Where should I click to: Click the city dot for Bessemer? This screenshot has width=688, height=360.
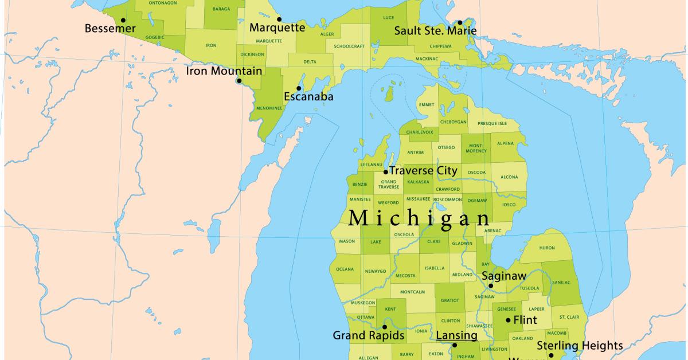(123, 20)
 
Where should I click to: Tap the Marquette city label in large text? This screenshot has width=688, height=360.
(277, 28)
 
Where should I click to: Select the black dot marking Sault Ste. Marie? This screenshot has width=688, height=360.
(460, 22)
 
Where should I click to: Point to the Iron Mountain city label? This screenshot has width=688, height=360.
(224, 71)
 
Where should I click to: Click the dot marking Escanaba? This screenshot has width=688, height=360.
(299, 88)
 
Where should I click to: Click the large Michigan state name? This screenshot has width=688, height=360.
(420, 218)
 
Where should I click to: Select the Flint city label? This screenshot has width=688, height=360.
(525, 320)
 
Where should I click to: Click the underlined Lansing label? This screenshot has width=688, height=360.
(456, 335)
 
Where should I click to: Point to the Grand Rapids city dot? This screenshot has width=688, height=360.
(385, 327)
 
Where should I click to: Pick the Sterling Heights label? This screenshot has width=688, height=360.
(579, 346)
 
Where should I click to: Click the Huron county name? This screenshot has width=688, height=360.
(547, 248)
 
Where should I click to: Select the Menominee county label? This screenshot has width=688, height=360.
(268, 108)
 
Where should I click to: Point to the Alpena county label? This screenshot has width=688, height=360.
(506, 143)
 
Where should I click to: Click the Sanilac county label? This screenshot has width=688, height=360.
(561, 282)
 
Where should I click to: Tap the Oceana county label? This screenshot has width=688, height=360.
(345, 269)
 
